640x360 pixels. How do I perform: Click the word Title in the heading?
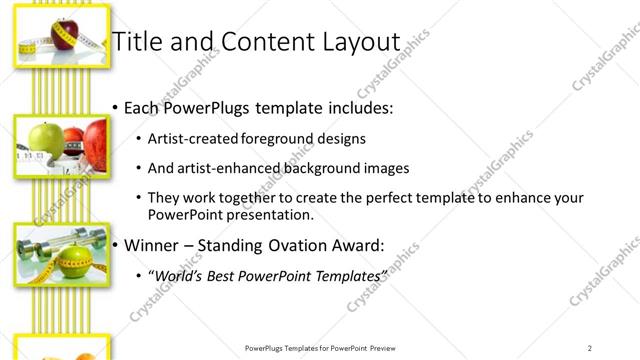click(135, 42)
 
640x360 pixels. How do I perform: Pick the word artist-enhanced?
click(225, 169)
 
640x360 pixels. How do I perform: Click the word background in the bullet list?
click(323, 169)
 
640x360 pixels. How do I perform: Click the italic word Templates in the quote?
click(346, 275)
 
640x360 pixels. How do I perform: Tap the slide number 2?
click(589, 347)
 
